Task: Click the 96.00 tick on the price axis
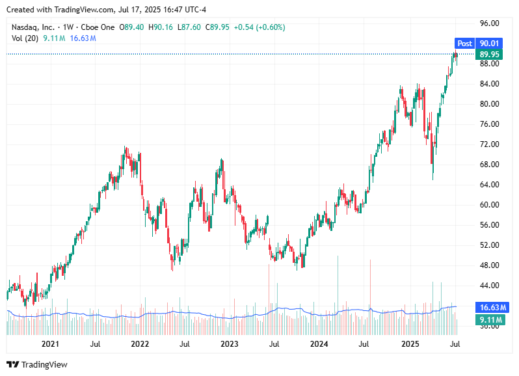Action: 488,23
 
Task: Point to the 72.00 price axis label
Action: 488,144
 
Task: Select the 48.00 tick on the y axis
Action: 488,265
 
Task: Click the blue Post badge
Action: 464,44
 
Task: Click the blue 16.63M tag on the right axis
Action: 488,307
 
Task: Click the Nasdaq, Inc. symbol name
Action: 33,27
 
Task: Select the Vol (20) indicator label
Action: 25,38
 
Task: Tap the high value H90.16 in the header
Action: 161,27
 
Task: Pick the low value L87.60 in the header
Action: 189,27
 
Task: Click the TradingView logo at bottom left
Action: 37,364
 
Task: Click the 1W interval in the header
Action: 68,27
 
